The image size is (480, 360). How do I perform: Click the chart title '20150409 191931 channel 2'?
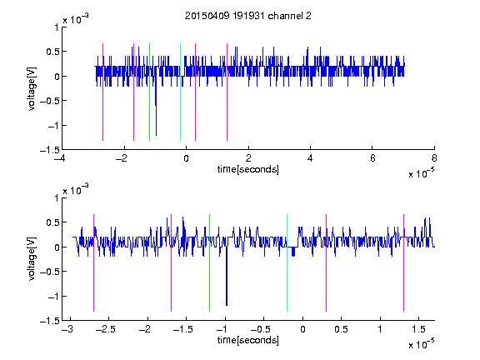point(248,16)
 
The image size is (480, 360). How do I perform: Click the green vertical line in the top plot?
point(149,92)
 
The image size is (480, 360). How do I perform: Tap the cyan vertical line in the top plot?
point(180,92)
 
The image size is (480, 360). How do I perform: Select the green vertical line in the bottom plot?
point(209,262)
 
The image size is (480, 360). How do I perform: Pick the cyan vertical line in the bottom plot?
point(287,262)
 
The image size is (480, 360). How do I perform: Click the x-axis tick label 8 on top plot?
point(434,158)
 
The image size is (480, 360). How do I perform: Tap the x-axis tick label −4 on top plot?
point(61,158)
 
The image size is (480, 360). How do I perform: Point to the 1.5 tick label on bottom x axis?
point(418,329)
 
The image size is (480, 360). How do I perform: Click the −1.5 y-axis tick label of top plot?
point(50,150)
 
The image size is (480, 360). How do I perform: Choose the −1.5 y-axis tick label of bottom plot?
point(50,321)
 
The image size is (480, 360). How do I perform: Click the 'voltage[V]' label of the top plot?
point(32,88)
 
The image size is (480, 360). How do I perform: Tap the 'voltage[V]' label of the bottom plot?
point(32,258)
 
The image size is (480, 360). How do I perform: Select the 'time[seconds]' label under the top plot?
point(248,169)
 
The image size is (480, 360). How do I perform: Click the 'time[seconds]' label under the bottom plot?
point(248,340)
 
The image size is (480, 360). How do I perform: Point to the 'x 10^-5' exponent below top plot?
point(421,172)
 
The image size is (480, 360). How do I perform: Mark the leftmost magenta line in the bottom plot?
point(93,262)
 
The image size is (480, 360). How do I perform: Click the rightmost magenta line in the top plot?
point(227,92)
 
